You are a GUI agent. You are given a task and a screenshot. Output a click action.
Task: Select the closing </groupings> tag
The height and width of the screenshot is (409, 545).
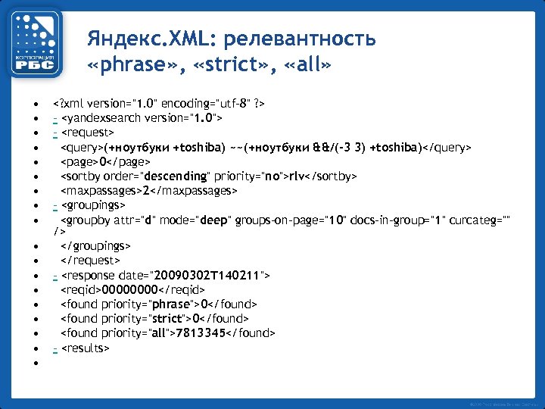(95, 246)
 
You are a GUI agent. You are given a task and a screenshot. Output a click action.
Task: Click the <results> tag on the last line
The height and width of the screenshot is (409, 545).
(85, 348)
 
